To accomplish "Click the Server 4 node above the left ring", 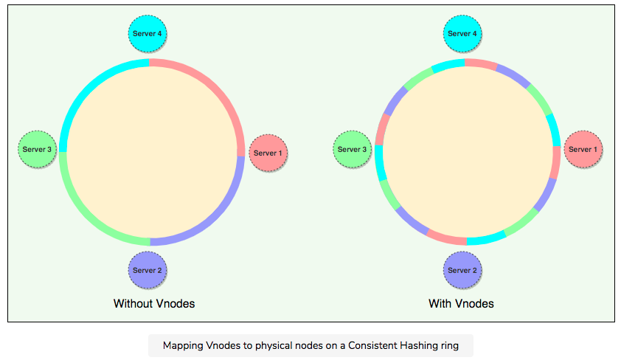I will (148, 33).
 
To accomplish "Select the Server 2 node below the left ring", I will (148, 270).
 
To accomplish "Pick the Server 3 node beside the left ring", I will (37, 149).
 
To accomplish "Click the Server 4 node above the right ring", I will (462, 33).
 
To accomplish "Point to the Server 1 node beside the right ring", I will (583, 149).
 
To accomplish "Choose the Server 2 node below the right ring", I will (462, 270).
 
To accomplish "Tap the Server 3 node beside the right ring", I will (352, 149).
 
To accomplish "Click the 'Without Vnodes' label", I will (154, 303).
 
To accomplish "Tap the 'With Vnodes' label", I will (461, 303).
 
